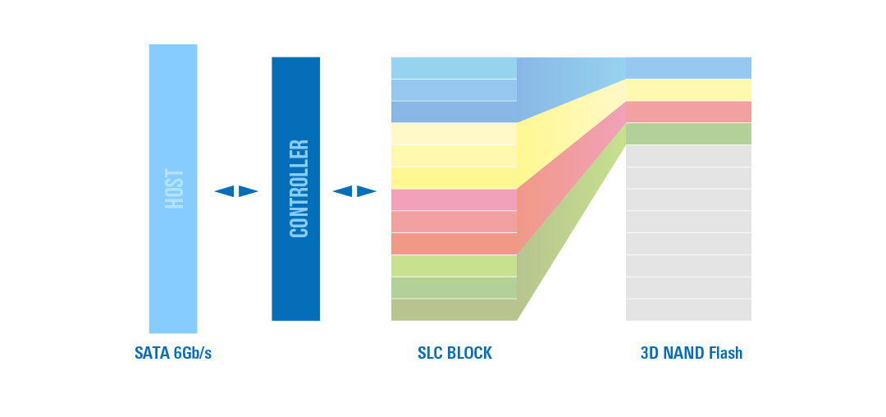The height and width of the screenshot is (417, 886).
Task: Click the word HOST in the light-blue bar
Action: (x=173, y=189)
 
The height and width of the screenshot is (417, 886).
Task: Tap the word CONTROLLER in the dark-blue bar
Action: (x=299, y=189)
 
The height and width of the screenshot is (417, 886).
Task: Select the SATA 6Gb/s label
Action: (x=173, y=354)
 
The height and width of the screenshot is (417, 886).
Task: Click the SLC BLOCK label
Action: (x=454, y=354)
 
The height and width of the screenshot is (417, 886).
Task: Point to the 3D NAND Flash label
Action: (x=691, y=354)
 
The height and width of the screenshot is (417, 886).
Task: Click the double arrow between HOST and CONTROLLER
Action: (x=236, y=191)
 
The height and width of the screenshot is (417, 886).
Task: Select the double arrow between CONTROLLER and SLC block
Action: (x=354, y=191)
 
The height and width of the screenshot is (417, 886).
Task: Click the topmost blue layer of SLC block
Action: (x=454, y=68)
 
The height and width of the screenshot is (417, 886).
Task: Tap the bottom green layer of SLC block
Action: (x=454, y=309)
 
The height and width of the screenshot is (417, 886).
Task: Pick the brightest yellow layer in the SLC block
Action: (x=454, y=178)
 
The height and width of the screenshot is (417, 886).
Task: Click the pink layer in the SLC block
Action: (x=454, y=200)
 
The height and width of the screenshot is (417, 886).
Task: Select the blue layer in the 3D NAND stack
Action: (x=688, y=68)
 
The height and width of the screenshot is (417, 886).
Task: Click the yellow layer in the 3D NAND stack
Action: (x=688, y=90)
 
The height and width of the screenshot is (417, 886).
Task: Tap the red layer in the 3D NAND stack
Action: (x=688, y=112)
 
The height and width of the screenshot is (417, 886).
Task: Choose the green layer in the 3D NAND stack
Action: (x=688, y=134)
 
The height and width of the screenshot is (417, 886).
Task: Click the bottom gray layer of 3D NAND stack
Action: (x=688, y=309)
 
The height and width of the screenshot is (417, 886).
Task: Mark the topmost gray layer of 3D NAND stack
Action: (x=688, y=156)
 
